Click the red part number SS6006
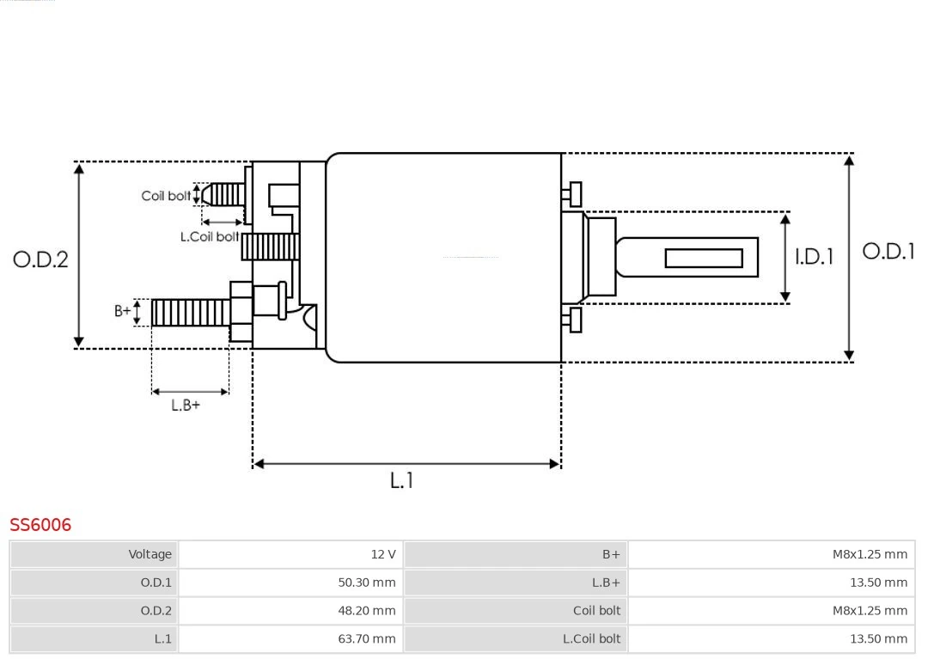point(40,524)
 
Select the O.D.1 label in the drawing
point(888,251)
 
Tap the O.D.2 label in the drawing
point(40,259)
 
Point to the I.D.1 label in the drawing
point(813,256)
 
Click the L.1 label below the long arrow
point(401,480)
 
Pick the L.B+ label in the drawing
point(185,405)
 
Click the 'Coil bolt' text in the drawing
point(166,196)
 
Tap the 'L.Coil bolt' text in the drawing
point(209,236)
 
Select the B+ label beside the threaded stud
point(123,311)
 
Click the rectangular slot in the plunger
point(703,258)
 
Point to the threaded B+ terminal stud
point(190,312)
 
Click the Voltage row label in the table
point(150,554)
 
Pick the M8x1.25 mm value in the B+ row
point(870,554)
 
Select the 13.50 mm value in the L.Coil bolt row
point(878,638)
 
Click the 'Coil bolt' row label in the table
point(596,611)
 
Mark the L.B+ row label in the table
point(606,583)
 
